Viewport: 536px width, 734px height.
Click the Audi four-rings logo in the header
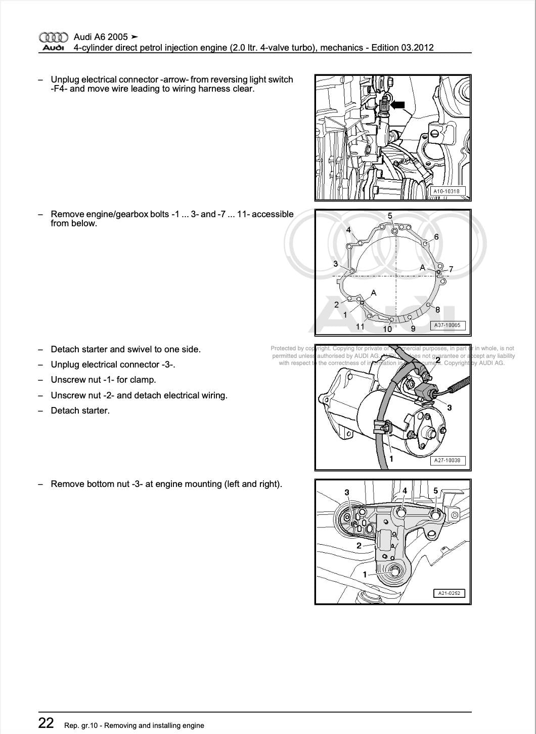coord(53,37)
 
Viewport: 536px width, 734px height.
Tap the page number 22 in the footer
coord(46,723)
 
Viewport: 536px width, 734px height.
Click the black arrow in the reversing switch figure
coord(397,105)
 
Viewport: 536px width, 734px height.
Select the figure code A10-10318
coord(446,191)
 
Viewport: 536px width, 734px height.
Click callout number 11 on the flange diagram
coord(360,327)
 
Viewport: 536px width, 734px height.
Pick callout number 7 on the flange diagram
coord(451,269)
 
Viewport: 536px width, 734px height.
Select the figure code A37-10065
coord(447,325)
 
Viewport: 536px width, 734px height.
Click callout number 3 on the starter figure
coord(450,407)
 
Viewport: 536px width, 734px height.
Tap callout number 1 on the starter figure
coord(391,459)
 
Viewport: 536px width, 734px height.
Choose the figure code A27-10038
coord(447,461)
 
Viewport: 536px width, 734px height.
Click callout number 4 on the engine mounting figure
coord(405,491)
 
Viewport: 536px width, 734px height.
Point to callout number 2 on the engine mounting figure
coord(359,546)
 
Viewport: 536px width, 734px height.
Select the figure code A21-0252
coord(449,593)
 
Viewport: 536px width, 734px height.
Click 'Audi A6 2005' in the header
coord(101,37)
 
